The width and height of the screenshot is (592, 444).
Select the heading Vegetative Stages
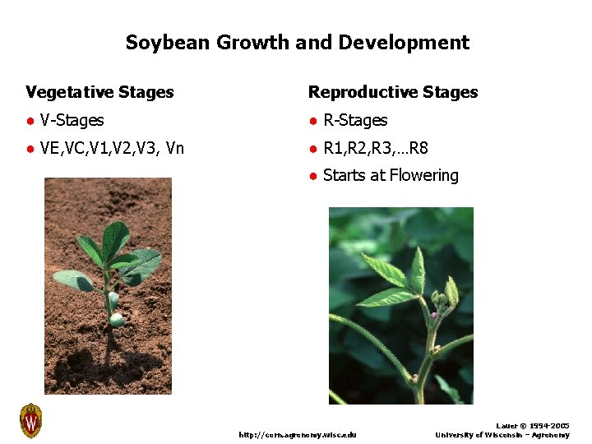click(99, 92)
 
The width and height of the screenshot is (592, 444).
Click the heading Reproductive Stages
click(393, 92)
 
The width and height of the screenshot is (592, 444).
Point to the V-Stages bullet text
click(72, 121)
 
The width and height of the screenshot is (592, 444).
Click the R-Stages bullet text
click(355, 121)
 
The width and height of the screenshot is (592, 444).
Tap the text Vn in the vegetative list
click(174, 149)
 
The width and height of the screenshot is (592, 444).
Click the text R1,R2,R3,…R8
click(376, 149)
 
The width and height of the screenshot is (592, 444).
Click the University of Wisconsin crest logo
click(30, 421)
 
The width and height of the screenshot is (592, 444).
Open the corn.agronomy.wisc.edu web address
click(298, 434)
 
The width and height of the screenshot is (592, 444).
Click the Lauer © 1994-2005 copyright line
click(534, 426)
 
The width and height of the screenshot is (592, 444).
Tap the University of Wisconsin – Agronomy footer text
click(502, 434)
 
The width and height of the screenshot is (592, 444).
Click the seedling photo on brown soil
click(108, 286)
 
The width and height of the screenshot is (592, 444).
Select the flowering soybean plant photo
click(400, 305)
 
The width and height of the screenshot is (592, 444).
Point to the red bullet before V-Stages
click(30, 122)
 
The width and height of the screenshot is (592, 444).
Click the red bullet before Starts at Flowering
click(312, 176)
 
